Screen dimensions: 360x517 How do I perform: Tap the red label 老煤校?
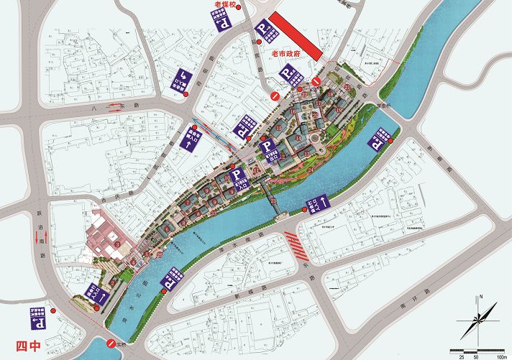219,6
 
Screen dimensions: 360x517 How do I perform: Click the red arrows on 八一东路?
115,109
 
